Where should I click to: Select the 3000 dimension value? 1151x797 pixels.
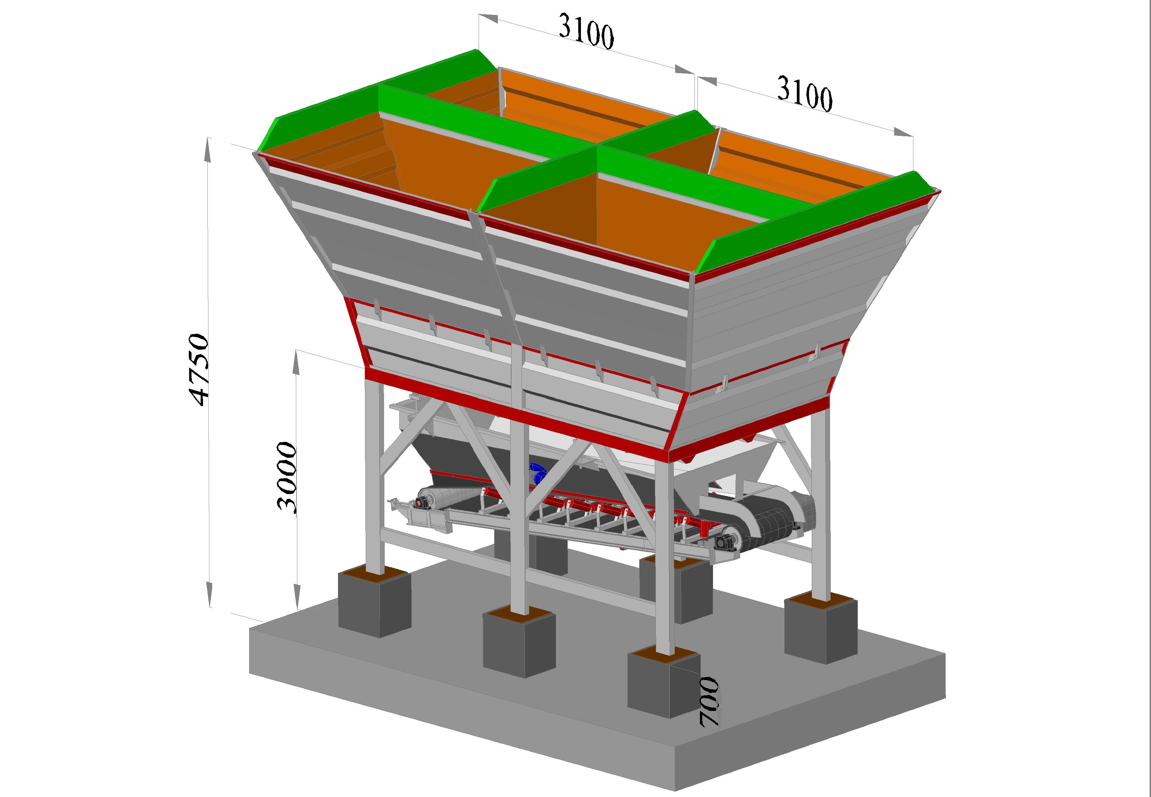(287, 477)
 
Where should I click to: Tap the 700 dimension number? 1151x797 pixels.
(709, 702)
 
